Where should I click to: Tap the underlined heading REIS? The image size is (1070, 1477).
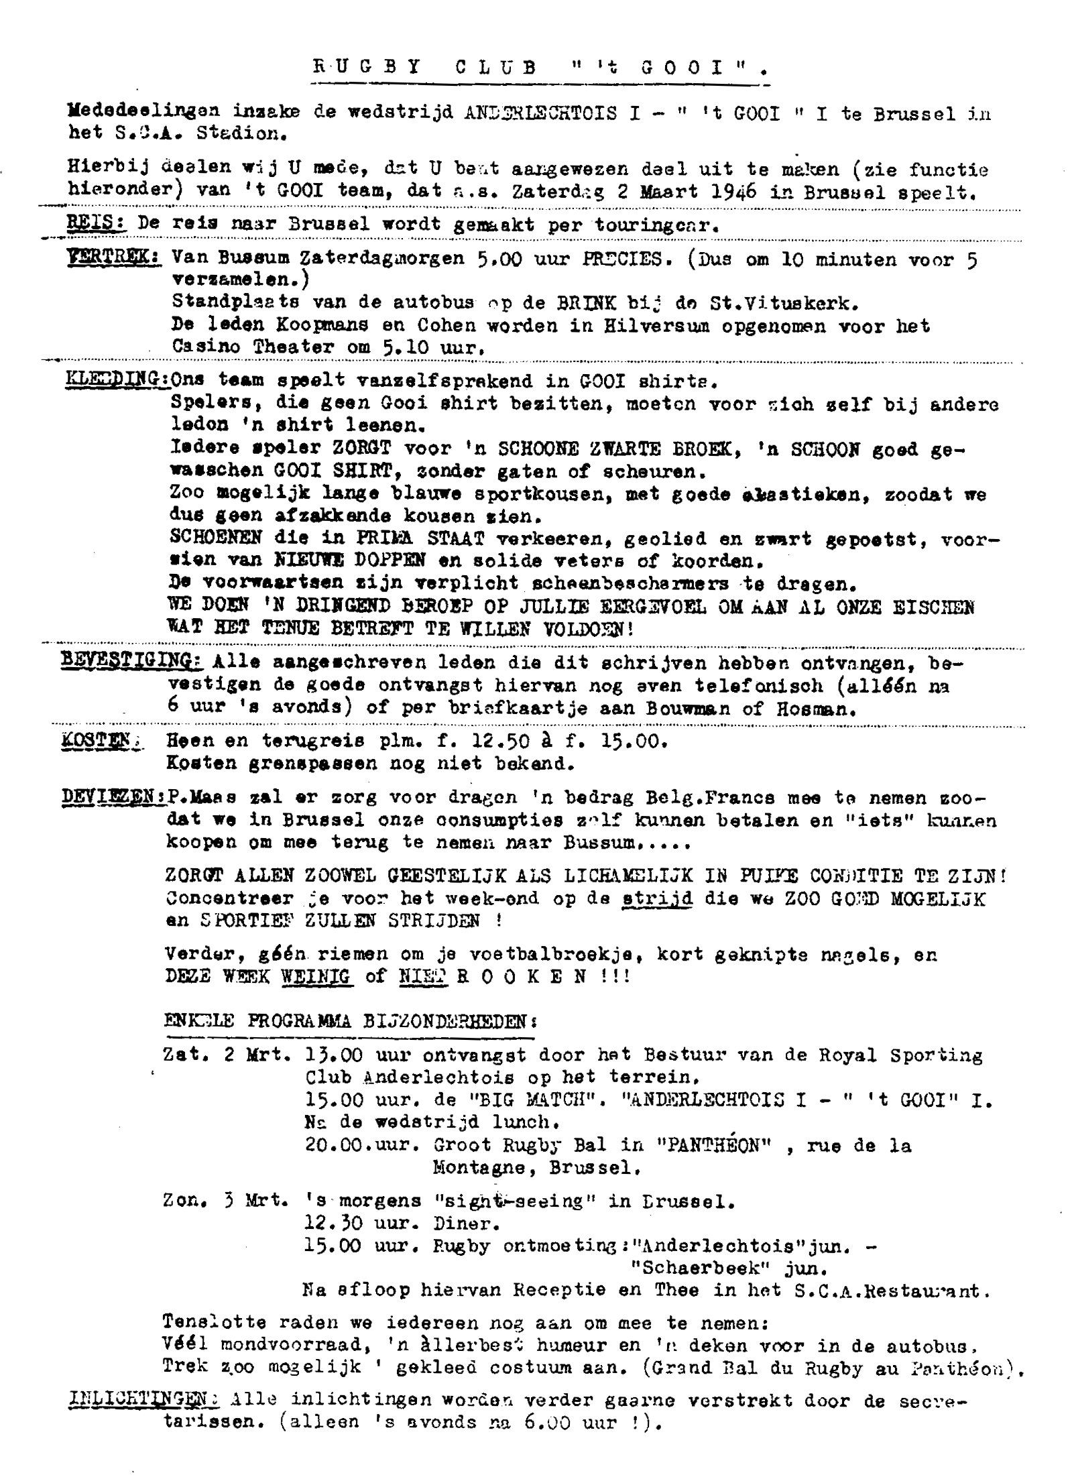(x=97, y=223)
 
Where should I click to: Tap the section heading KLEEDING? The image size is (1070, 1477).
(x=117, y=380)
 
